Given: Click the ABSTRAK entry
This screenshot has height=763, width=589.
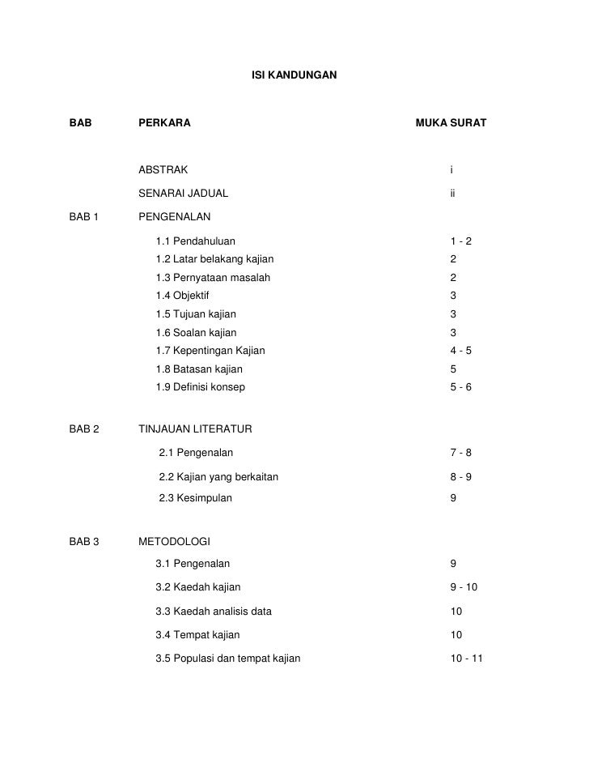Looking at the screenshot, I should point(163,170).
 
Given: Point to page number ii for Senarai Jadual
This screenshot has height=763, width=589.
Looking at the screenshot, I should point(453,194).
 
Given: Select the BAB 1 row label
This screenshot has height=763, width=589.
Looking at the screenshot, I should point(84,217).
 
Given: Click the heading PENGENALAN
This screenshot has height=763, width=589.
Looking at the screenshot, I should point(174,217).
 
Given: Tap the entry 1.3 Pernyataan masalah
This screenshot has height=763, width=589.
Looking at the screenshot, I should point(213,278).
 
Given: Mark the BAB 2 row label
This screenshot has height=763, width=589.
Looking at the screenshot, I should point(84,428).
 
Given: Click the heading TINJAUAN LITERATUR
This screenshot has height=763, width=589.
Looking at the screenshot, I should point(196,428).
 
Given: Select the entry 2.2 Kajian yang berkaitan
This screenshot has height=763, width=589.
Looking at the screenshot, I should point(218,476).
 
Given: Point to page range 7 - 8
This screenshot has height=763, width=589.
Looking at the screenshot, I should point(460,452).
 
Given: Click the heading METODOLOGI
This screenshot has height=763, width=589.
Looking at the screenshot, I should point(174,540).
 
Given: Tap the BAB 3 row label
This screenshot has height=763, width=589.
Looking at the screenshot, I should point(84,540).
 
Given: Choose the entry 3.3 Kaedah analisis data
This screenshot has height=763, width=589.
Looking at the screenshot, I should point(213,612).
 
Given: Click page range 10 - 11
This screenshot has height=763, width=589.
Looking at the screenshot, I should point(466,659).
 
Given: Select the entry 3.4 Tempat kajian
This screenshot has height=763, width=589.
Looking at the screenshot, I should point(197,635).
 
